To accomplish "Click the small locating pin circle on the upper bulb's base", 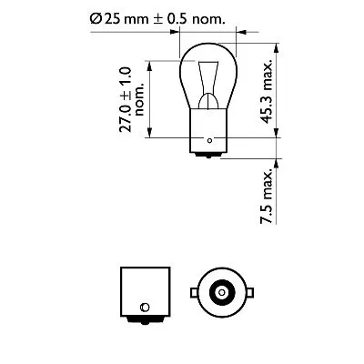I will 210,141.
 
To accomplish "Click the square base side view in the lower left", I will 139,290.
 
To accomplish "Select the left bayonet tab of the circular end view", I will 193,292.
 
